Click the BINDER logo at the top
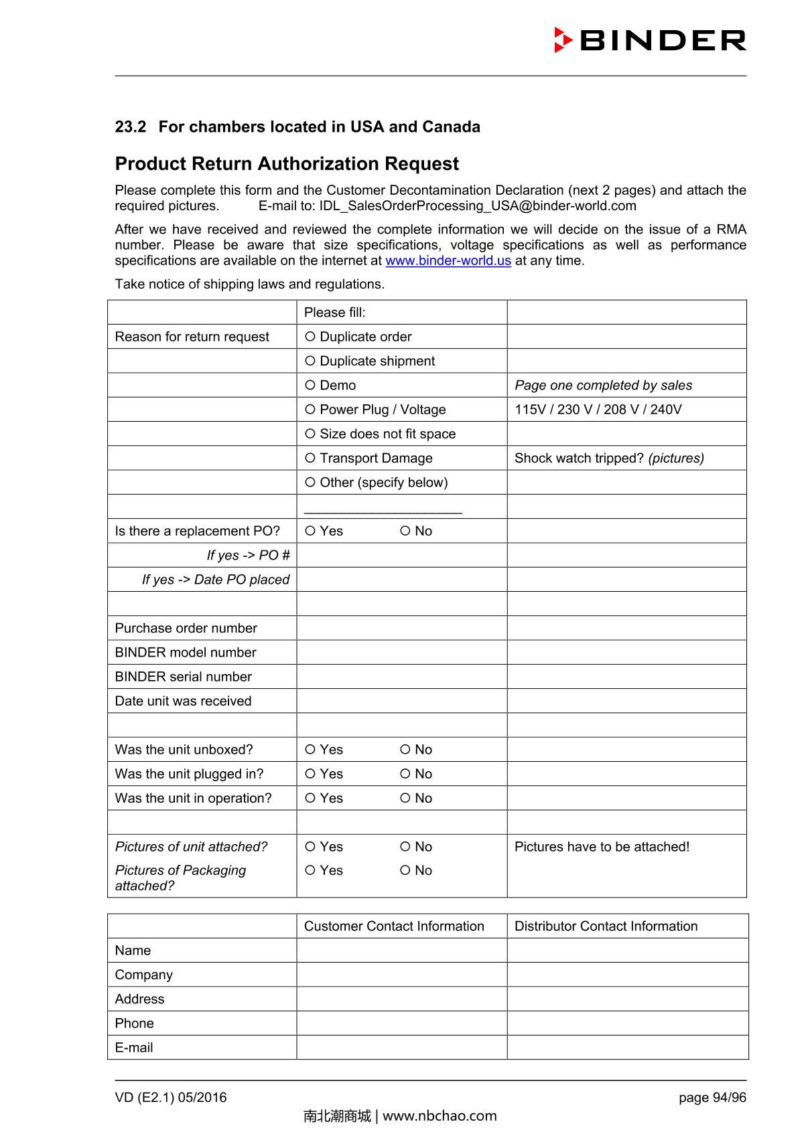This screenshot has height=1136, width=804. click(x=650, y=40)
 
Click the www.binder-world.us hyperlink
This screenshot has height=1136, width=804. click(x=448, y=261)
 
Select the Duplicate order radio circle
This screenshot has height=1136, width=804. click(x=310, y=337)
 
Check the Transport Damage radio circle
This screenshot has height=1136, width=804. click(x=310, y=458)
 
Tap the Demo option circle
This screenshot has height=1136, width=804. click(x=310, y=385)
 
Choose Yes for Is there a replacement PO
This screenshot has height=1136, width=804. click(x=310, y=531)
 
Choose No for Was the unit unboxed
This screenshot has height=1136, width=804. click(x=405, y=750)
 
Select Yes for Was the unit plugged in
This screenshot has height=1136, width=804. click(x=310, y=774)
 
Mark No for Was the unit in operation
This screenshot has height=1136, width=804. click(x=405, y=798)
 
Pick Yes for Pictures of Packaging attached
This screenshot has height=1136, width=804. click(x=310, y=870)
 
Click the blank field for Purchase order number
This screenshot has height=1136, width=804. click(x=401, y=628)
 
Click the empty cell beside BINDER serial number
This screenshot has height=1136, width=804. click(x=401, y=677)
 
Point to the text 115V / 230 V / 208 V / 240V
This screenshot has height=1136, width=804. click(x=598, y=410)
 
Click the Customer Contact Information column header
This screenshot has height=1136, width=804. click(x=394, y=926)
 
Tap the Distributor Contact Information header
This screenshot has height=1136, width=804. click(x=606, y=926)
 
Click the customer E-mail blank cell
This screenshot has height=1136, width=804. click(x=401, y=1048)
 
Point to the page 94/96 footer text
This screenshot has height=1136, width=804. click(x=712, y=1097)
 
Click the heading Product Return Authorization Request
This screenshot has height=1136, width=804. click(x=287, y=164)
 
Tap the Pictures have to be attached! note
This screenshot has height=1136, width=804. click(x=602, y=847)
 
